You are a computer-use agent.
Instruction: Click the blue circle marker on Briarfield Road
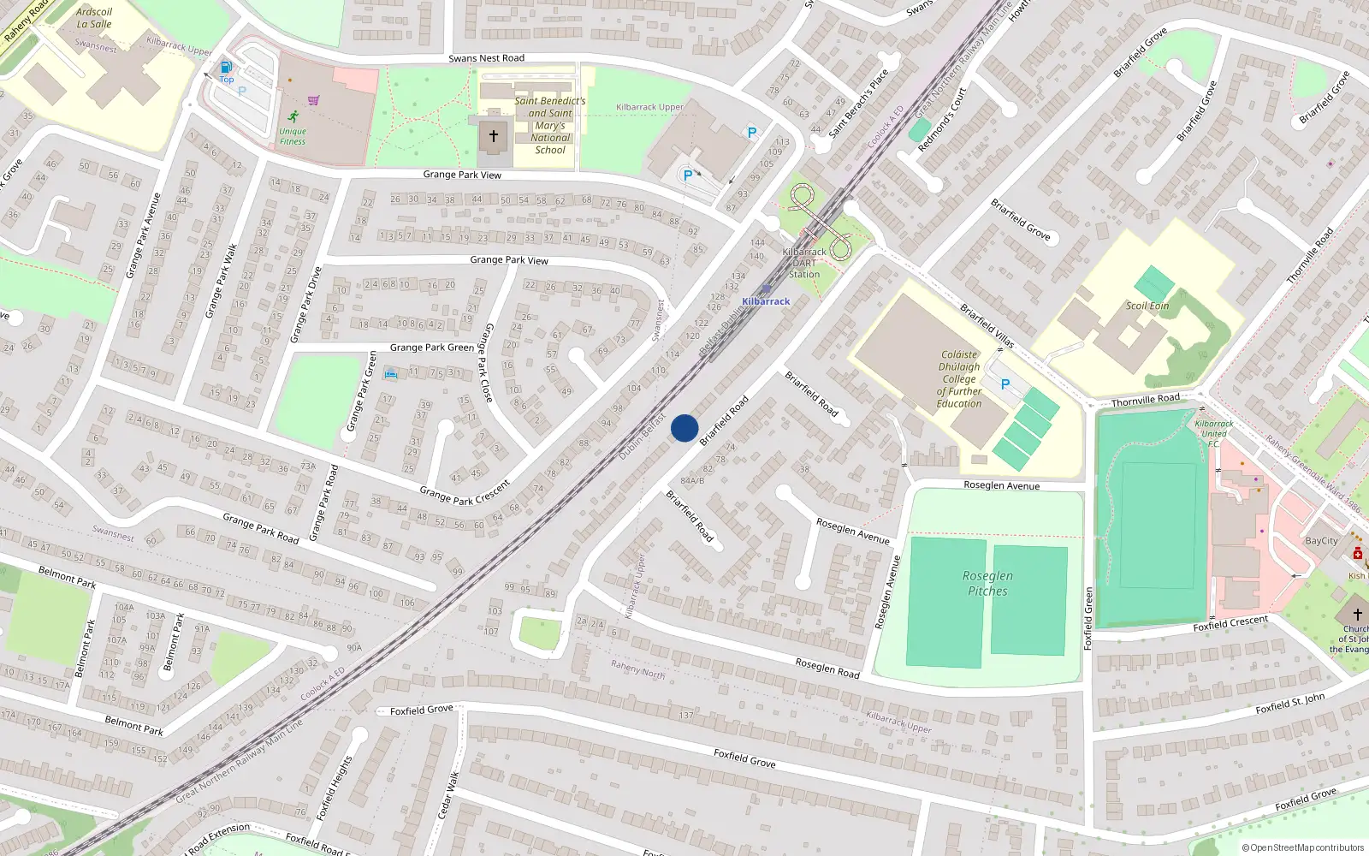click(684, 428)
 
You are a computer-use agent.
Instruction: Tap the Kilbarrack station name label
click(766, 301)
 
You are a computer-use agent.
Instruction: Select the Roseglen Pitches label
click(987, 583)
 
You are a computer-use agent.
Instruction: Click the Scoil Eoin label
click(1147, 306)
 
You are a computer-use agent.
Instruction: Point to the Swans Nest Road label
click(486, 58)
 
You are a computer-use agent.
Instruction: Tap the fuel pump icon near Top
click(226, 67)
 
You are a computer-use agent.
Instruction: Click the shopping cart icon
click(314, 100)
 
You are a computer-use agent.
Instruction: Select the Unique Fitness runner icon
click(293, 116)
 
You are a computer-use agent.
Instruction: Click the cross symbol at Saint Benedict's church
click(493, 136)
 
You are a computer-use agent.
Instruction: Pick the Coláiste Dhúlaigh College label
click(958, 378)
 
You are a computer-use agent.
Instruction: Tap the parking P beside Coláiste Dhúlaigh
click(1005, 384)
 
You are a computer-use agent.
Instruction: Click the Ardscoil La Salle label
click(94, 18)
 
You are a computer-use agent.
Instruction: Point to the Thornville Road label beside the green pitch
click(1145, 400)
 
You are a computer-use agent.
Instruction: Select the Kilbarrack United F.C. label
click(1214, 433)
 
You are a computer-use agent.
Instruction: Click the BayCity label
click(1321, 541)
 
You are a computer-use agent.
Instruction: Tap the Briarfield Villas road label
click(987, 326)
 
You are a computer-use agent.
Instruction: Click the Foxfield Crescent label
click(1230, 624)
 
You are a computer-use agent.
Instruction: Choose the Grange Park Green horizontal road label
click(431, 348)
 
